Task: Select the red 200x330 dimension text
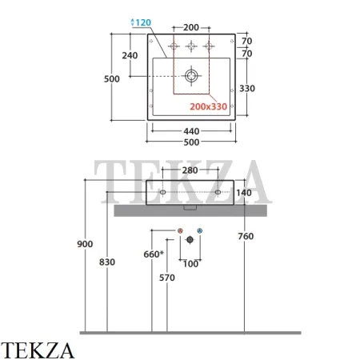[208, 106]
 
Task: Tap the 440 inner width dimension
[191, 131]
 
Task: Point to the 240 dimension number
[130, 55]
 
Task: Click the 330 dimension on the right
[247, 88]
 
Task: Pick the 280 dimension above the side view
[190, 170]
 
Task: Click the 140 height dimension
[244, 193]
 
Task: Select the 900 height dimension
[85, 244]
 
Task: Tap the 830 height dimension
[107, 262]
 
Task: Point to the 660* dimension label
[154, 254]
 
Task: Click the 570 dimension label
[167, 278]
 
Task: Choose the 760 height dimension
[246, 236]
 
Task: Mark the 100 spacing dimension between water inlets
[190, 264]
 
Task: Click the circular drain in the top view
[191, 76]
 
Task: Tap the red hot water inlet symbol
[180, 230]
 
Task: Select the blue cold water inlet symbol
[200, 230]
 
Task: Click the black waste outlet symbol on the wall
[190, 240]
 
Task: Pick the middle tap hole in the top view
[191, 46]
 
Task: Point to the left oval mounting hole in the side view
[162, 192]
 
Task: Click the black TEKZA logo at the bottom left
[38, 350]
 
